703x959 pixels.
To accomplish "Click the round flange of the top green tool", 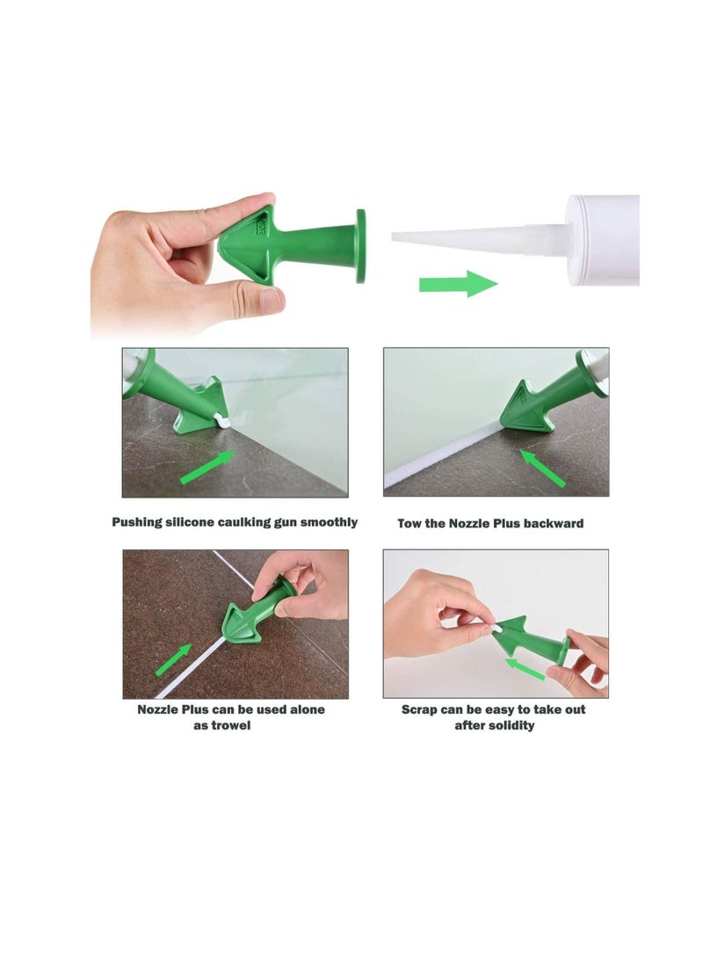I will [360, 245].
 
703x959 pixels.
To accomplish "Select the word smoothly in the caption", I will [329, 522].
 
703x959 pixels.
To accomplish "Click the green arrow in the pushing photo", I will [207, 467].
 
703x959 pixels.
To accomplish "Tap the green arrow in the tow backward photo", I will [543, 468].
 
